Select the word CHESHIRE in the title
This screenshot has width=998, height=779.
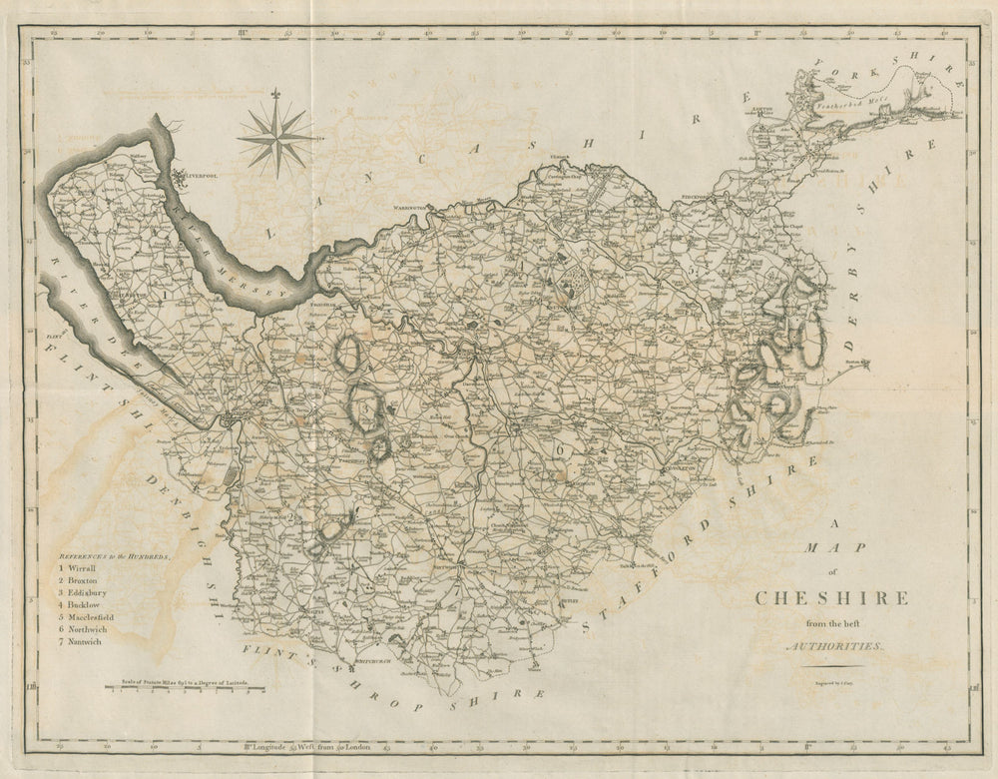(x=831, y=598)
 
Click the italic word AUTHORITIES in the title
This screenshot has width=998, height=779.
(x=834, y=647)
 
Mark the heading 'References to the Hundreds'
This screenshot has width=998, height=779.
(x=113, y=553)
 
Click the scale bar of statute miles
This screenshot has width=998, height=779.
(x=186, y=688)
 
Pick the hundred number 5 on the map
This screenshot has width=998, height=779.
(x=690, y=271)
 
